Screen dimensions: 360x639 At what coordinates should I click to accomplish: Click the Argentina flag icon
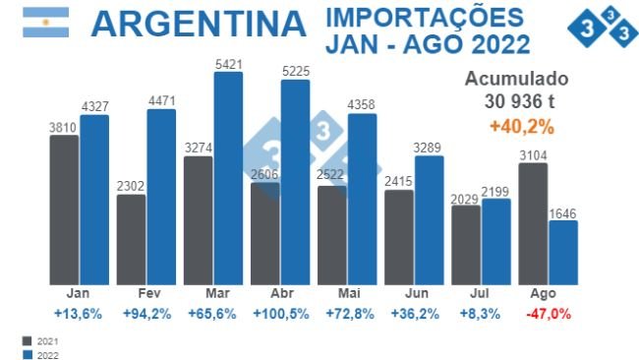(45, 23)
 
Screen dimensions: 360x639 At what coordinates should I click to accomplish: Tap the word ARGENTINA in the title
(197, 25)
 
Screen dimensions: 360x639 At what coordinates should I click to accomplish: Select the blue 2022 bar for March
(228, 177)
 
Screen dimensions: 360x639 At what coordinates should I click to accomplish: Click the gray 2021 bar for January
(64, 209)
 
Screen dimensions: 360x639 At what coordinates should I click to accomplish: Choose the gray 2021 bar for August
(533, 223)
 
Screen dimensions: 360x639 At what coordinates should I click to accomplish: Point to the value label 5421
(228, 65)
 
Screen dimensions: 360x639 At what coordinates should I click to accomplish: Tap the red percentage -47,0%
(549, 314)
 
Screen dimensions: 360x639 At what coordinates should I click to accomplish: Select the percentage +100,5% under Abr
(280, 314)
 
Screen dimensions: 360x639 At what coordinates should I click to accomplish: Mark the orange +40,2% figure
(521, 126)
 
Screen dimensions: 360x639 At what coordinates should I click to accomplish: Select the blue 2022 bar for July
(496, 241)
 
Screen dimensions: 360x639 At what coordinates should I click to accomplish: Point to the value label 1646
(563, 212)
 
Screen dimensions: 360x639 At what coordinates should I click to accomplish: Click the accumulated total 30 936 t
(520, 101)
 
